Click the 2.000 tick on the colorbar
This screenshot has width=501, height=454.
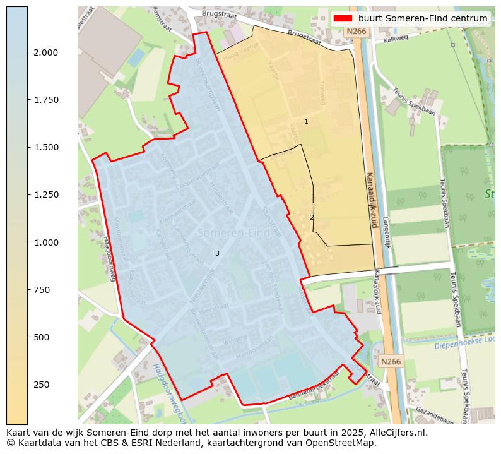pyautogui.click(x=28, y=52)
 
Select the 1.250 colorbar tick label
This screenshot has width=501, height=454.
pyautogui.click(x=46, y=194)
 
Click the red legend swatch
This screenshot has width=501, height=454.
pyautogui.click(x=343, y=18)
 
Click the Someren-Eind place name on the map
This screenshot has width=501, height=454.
pyautogui.click(x=233, y=233)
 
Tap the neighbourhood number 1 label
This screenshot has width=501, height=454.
pyautogui.click(x=306, y=121)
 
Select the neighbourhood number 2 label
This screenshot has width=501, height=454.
pyautogui.click(x=312, y=217)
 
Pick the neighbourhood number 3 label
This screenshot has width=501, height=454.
pyautogui.click(x=217, y=253)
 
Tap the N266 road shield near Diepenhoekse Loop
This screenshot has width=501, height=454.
pyautogui.click(x=391, y=361)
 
